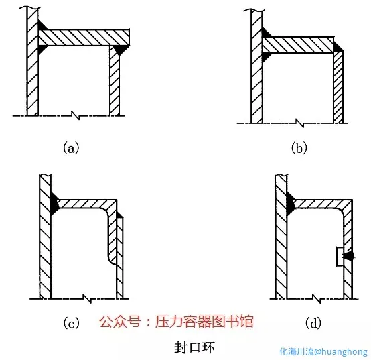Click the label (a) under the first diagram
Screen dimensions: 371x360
tap(71, 148)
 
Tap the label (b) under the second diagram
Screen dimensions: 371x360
tap(299, 148)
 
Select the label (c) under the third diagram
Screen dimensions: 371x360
tap(71, 323)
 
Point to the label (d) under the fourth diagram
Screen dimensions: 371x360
tap(313, 323)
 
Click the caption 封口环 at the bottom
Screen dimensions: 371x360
tap(194, 348)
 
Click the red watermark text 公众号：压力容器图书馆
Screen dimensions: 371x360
tap(176, 321)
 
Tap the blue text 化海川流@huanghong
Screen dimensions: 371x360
tap(323, 352)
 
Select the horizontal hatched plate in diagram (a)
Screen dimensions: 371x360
tap(84, 38)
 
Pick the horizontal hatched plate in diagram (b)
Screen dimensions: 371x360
tap(298, 45)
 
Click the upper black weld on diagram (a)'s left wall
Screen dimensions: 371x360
tap(42, 25)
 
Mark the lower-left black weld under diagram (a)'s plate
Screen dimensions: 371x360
tap(42, 50)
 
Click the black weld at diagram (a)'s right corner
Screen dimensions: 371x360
tap(121, 50)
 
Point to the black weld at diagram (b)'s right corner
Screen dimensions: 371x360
tap(338, 47)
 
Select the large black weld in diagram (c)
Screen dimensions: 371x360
tap(54, 204)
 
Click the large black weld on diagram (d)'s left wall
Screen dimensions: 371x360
tap(290, 204)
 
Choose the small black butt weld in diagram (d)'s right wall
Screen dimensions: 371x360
tap(349, 256)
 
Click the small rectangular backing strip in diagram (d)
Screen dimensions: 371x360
tap(340, 257)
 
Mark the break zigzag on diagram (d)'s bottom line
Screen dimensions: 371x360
tap(317, 298)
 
